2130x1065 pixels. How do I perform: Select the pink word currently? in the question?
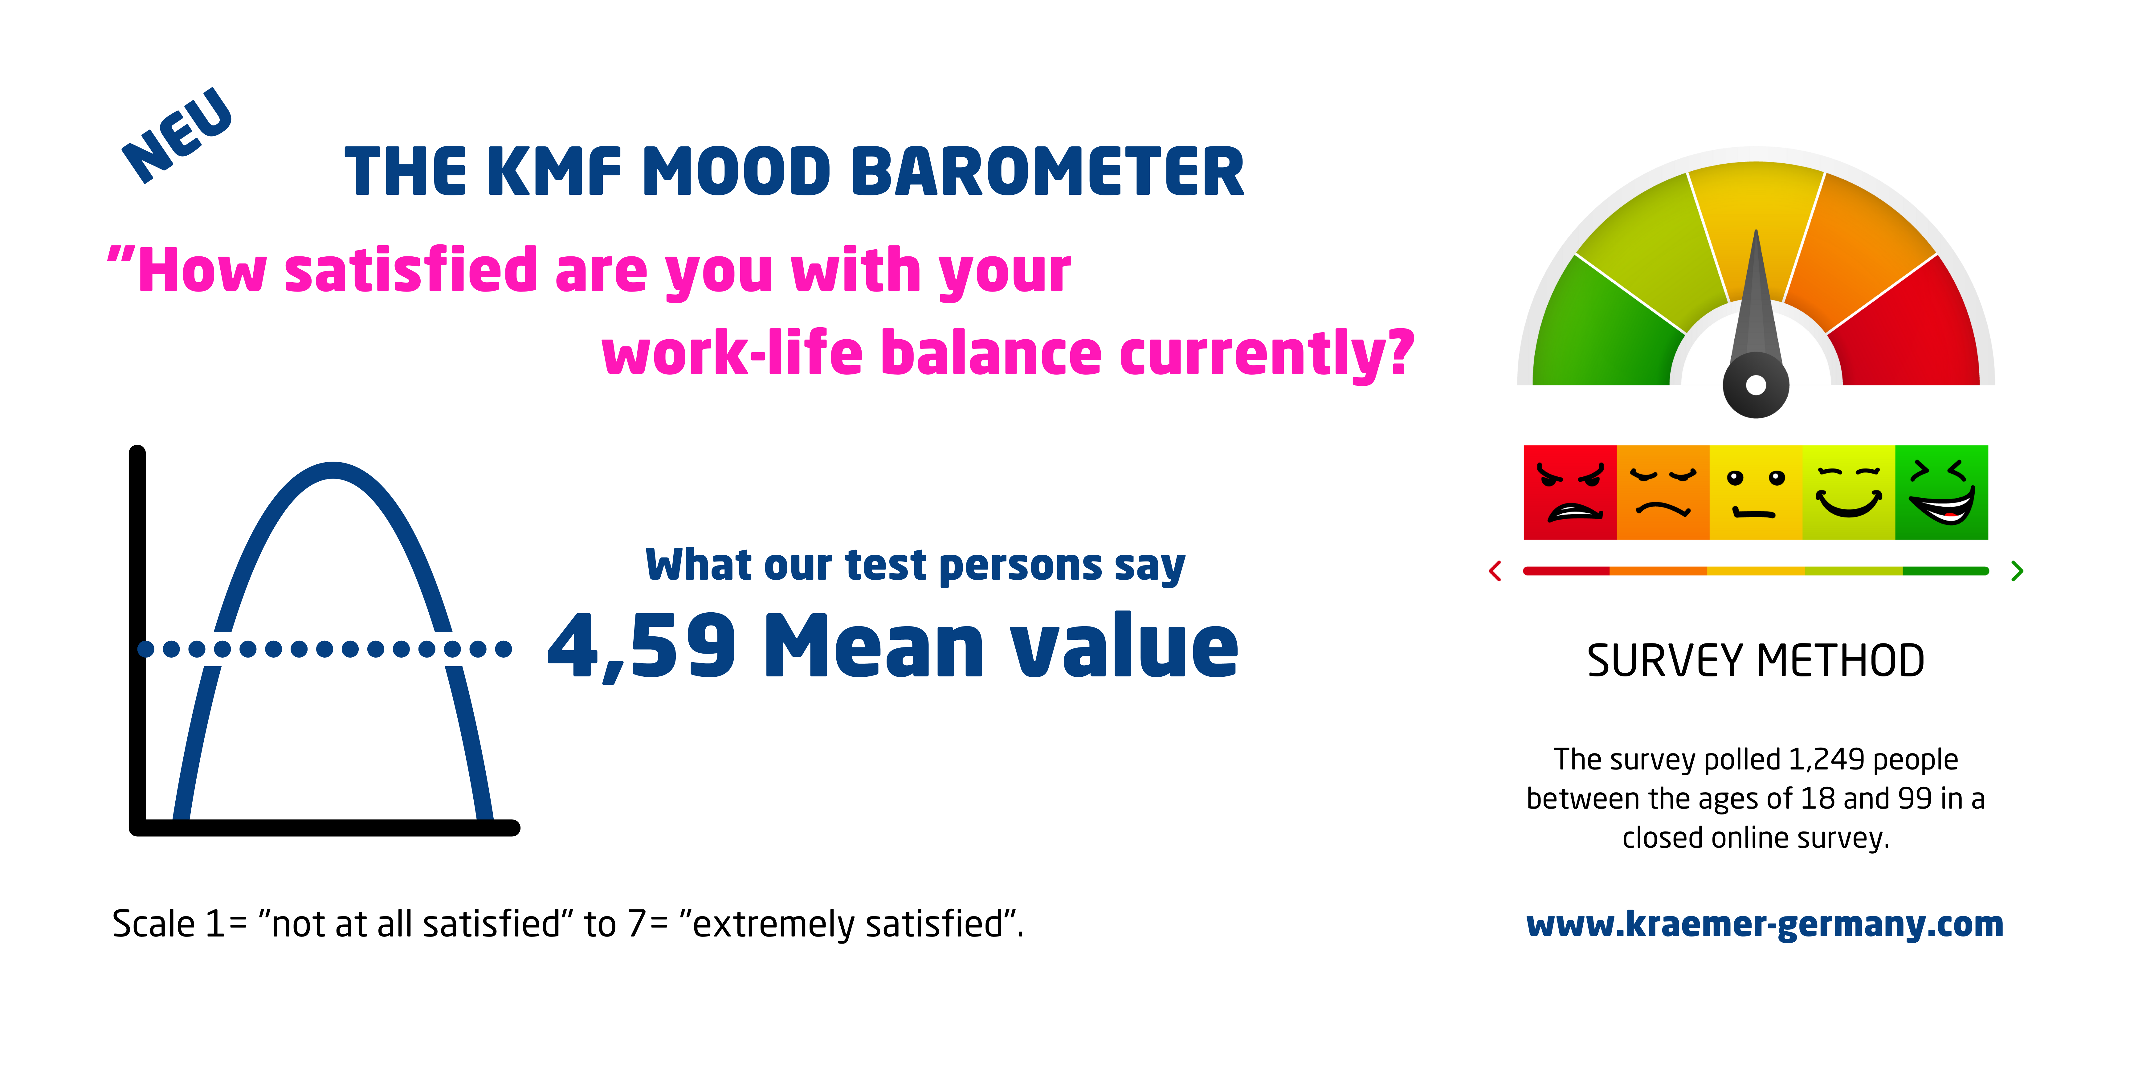[x=1267, y=353]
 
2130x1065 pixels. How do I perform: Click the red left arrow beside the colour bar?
[x=1495, y=570]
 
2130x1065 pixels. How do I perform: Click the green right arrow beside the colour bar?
[x=2018, y=570]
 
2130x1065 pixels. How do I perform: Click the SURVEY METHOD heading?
[x=1755, y=661]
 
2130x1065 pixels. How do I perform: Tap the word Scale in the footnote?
[x=154, y=924]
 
